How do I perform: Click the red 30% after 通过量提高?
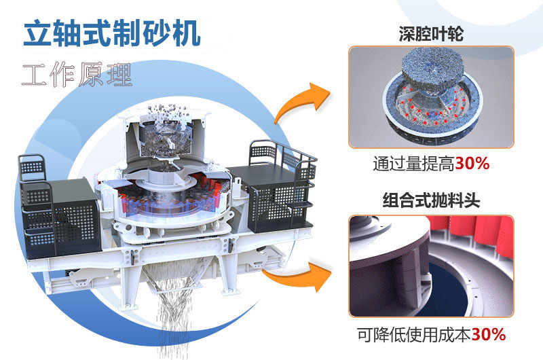(x=472, y=164)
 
